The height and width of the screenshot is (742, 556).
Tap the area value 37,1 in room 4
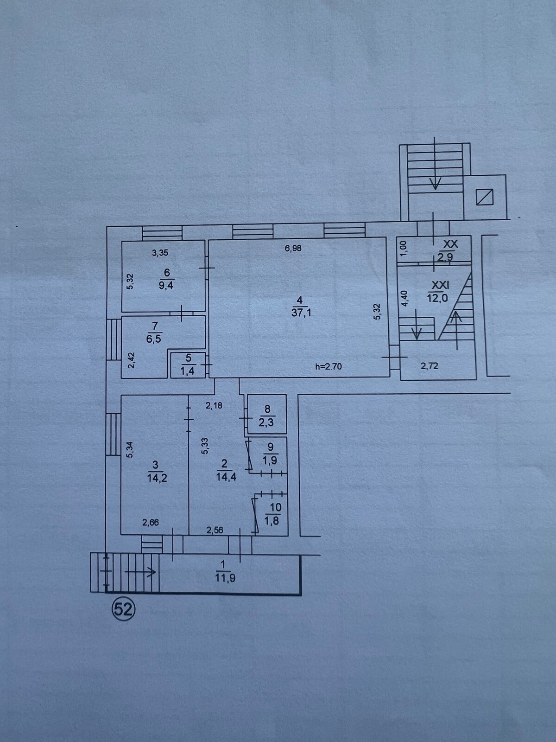301,313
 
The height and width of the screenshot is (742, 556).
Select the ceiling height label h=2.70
329,366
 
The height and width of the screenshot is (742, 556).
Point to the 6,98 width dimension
293,249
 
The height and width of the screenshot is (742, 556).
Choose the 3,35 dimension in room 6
160,253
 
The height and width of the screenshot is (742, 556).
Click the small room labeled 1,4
189,365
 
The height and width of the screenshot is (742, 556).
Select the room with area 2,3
267,415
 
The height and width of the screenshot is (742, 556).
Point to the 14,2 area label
158,478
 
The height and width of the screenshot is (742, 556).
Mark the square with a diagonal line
485,197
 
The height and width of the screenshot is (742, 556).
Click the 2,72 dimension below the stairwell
430,366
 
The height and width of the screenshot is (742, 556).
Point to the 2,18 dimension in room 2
214,405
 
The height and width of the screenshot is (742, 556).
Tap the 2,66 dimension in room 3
151,523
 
